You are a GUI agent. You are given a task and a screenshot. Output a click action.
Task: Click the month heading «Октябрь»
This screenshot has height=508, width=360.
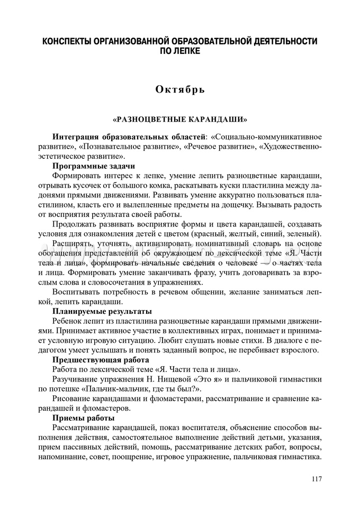[179, 89]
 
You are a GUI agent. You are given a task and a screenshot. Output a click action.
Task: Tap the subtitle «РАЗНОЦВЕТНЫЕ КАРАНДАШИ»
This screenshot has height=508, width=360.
[180, 120]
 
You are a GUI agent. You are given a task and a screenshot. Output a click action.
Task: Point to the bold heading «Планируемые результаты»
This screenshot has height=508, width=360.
[102, 311]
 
